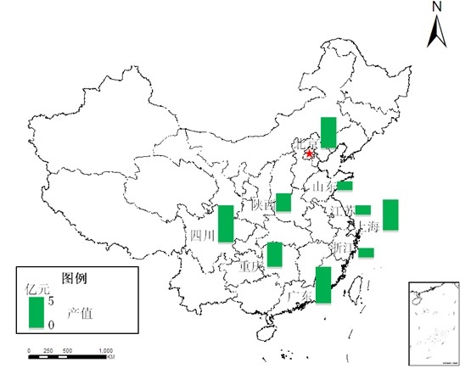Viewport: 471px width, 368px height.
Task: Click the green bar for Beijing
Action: (x=328, y=132)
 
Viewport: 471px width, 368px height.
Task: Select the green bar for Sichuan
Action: (x=226, y=223)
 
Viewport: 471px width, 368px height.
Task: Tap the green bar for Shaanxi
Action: (x=283, y=202)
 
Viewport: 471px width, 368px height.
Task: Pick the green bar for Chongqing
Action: (x=274, y=254)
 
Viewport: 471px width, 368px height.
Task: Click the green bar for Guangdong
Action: (x=322, y=284)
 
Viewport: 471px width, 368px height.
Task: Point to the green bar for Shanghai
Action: (x=390, y=215)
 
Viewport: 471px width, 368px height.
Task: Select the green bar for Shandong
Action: (x=345, y=186)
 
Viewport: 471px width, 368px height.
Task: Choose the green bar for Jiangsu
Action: (x=362, y=209)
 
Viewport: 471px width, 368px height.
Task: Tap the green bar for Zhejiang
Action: (x=366, y=252)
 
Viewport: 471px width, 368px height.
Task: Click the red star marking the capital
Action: (x=308, y=154)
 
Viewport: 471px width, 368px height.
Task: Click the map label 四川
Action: (x=203, y=235)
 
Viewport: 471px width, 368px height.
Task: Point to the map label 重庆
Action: (x=252, y=265)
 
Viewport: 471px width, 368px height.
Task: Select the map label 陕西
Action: (x=263, y=204)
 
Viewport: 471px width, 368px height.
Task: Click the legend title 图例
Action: (x=76, y=277)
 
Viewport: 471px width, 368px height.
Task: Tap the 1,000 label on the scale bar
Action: (x=105, y=350)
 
